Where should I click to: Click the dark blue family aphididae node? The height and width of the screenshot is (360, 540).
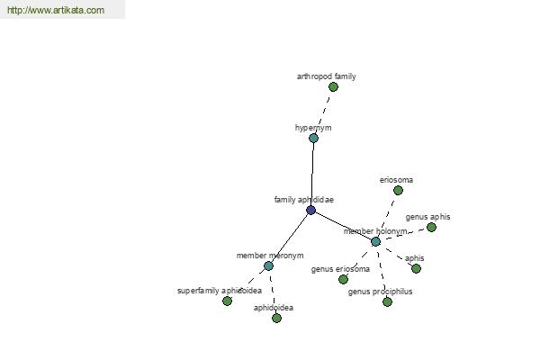click(x=310, y=210)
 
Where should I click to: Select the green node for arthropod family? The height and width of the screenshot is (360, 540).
click(x=333, y=86)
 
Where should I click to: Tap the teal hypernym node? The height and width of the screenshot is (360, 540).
click(x=313, y=138)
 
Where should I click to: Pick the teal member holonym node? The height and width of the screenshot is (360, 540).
click(x=375, y=241)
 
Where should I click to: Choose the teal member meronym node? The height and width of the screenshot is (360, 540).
click(x=268, y=266)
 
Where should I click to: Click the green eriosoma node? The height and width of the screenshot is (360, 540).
click(x=398, y=190)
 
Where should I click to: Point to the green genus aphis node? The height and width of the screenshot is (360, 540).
click(x=431, y=227)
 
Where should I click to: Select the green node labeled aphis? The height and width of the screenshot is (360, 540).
click(x=416, y=268)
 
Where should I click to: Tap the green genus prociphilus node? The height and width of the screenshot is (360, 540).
click(x=387, y=301)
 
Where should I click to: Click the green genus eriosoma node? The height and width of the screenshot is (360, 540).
click(x=343, y=279)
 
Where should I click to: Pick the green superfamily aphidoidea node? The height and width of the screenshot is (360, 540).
click(x=227, y=301)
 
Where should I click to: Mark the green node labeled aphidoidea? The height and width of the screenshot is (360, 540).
click(x=276, y=318)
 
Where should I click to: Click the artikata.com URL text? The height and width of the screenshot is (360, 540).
click(x=56, y=10)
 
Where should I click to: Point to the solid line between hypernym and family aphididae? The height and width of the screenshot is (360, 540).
click(x=312, y=174)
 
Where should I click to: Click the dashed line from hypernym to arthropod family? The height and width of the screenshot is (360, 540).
click(x=323, y=112)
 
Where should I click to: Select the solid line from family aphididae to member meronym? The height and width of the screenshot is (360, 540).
click(x=290, y=238)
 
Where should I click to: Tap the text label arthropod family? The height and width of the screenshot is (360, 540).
click(x=326, y=76)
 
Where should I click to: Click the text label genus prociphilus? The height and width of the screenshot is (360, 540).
click(x=380, y=292)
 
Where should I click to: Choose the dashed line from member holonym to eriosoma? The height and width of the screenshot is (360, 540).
click(x=387, y=216)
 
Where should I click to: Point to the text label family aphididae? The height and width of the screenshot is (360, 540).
click(x=304, y=200)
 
